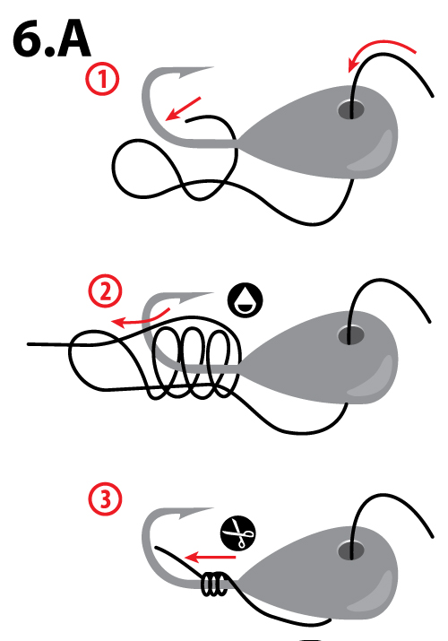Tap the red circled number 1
(x=104, y=81)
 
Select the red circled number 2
(x=104, y=291)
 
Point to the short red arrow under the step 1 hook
(x=183, y=107)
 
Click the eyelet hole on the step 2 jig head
(x=350, y=335)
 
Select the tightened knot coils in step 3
(x=211, y=586)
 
